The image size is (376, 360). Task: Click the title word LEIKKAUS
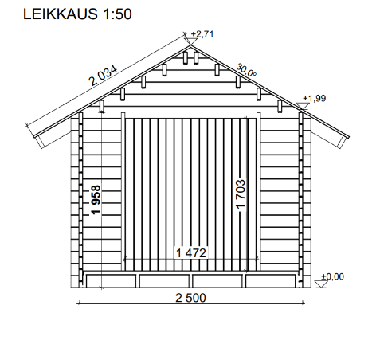(x=61, y=14)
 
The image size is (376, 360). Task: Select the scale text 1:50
(x=117, y=14)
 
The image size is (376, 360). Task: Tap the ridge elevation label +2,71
(x=202, y=34)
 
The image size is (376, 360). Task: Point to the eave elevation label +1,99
(x=315, y=98)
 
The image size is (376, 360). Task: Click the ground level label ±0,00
(x=333, y=276)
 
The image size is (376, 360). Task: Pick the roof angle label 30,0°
(x=246, y=70)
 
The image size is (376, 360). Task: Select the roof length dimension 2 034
(x=104, y=76)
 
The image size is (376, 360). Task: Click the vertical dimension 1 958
(x=96, y=200)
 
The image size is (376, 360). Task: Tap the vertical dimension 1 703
(x=241, y=194)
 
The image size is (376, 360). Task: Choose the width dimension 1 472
(x=191, y=253)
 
